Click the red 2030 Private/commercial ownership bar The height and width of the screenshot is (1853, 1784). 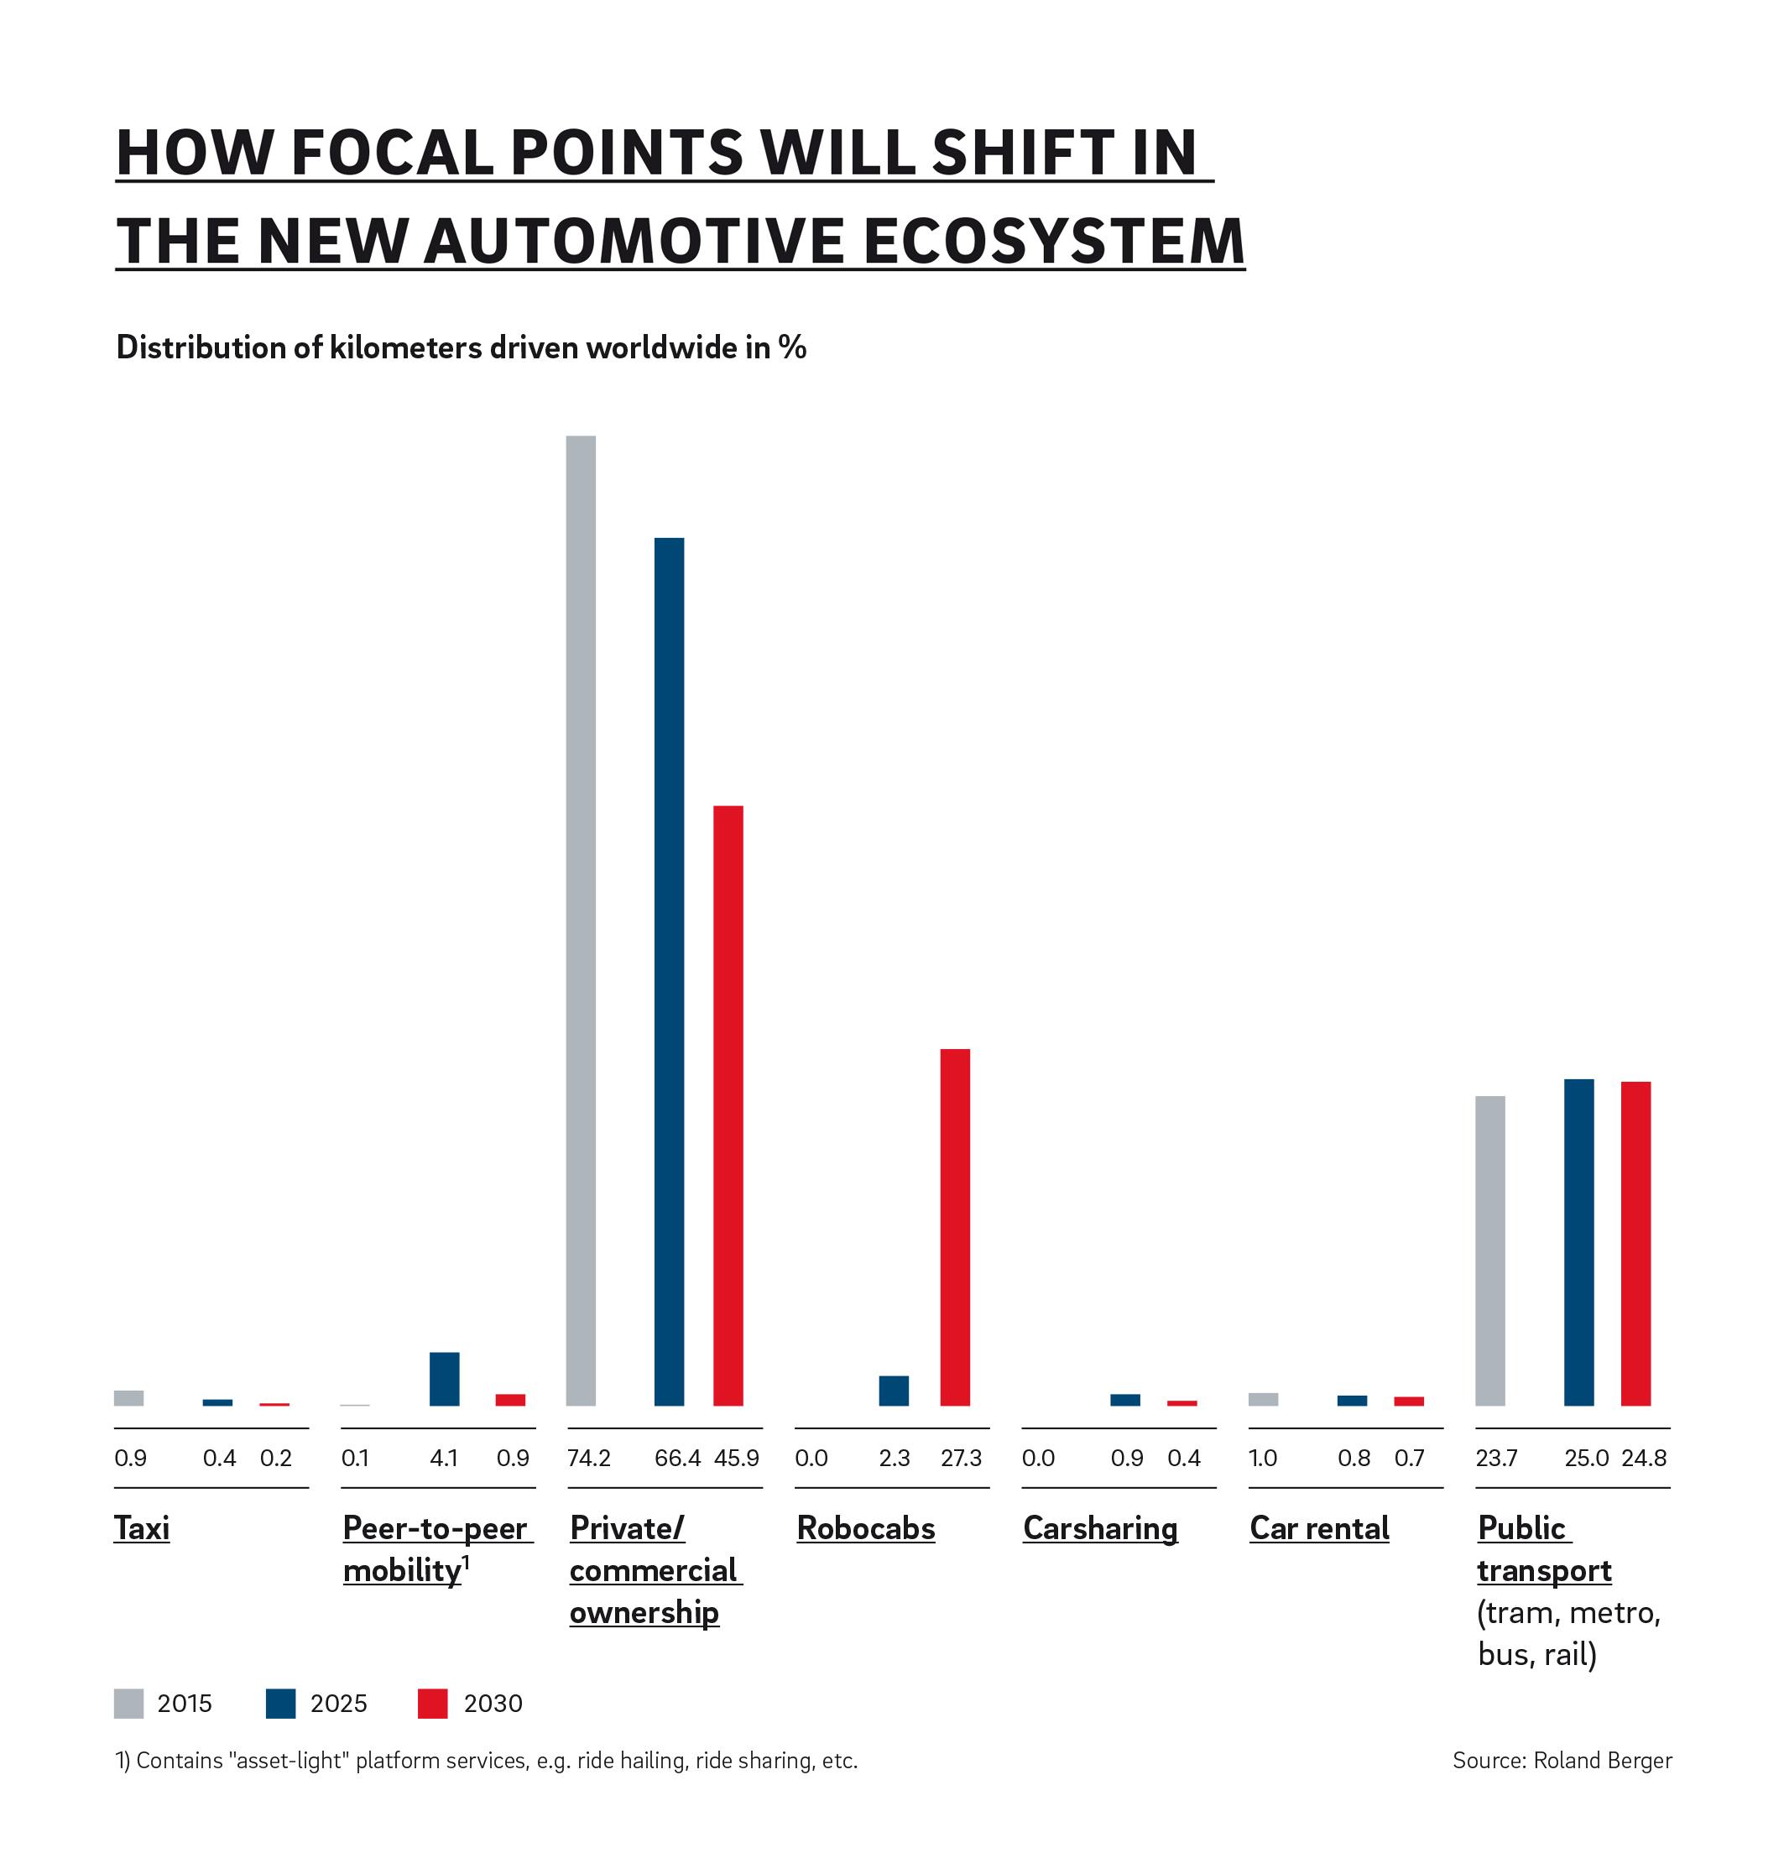point(728,1105)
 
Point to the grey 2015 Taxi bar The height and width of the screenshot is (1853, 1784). point(128,1397)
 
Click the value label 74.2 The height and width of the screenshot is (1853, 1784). point(589,1458)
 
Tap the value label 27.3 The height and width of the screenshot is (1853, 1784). point(961,1458)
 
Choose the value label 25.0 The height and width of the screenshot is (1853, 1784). point(1585,1458)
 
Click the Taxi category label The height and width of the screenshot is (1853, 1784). point(142,1527)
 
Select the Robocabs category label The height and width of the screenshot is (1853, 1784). point(865,1527)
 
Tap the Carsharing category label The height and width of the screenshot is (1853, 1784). point(1099,1527)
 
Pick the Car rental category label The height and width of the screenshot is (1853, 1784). point(1319,1527)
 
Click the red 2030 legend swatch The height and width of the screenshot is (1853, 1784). point(432,1703)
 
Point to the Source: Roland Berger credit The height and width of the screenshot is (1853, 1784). point(1562,1761)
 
